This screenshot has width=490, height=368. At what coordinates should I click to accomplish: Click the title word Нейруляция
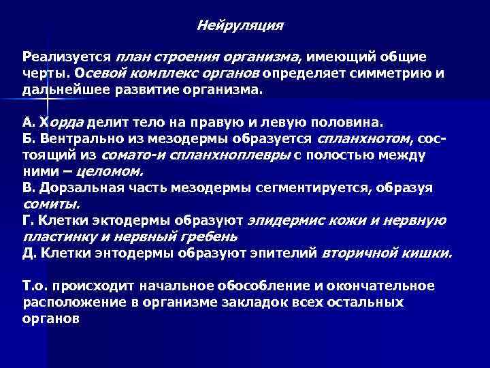point(240,26)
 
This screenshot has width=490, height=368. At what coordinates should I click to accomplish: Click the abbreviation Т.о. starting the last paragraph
point(35,286)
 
